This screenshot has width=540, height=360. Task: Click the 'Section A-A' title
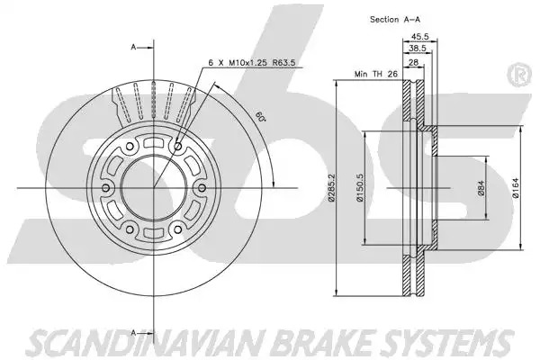coord(395,20)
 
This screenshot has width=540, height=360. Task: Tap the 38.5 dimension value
coord(418,49)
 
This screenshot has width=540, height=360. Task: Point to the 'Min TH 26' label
coord(376,74)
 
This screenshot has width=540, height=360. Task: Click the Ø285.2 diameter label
coord(331,188)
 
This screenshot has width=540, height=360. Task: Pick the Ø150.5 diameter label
coord(360,188)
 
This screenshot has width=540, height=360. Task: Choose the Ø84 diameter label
coord(481,188)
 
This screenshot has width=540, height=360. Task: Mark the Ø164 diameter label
coord(516,188)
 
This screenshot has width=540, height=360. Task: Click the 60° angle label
coord(261,116)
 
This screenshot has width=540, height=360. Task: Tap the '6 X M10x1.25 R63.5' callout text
coord(252,63)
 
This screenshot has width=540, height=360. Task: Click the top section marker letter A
coord(133,47)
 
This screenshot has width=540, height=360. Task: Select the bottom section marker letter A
coord(133,332)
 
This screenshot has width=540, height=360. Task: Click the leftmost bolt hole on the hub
coord(106,188)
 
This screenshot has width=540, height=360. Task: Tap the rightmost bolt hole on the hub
coord(202,188)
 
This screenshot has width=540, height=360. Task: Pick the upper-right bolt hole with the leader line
coord(178,147)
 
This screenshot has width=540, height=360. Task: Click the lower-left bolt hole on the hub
coord(130,229)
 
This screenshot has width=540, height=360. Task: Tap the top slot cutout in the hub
coord(154,142)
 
